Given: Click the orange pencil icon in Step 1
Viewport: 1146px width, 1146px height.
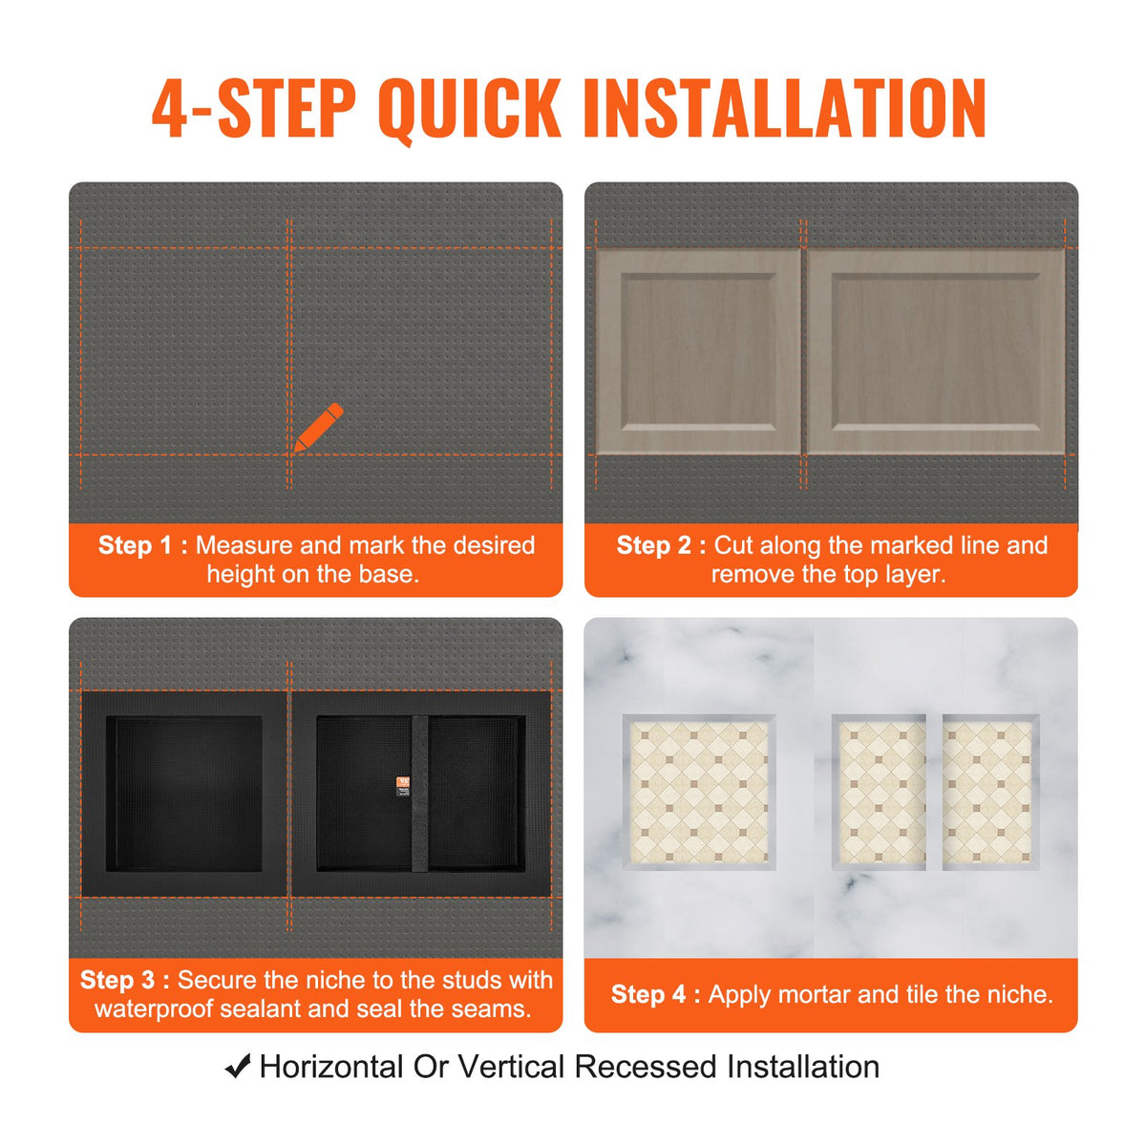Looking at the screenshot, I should pos(319,427).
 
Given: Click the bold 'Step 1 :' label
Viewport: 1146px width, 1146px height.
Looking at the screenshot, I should pos(142,545).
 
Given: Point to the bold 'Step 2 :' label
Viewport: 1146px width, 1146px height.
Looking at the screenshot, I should pos(661,545).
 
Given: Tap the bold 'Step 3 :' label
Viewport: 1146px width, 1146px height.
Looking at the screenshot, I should pos(125,980).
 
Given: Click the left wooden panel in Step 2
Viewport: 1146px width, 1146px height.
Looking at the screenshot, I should pos(698,351).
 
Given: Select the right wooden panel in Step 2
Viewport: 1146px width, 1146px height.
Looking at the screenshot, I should pos(936,351).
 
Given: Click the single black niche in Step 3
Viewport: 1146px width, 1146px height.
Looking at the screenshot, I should pos(184,794).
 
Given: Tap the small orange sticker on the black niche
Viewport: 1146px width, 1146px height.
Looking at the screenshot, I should pos(402,784).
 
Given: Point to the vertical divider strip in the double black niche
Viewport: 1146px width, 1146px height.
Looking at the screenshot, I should pos(420,794).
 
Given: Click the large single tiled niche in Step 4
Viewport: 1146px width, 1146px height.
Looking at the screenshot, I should pos(699,793).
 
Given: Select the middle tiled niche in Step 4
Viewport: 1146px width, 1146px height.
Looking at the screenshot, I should pos(880,793).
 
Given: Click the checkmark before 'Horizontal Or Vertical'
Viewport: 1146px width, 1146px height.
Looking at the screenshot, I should pos(238,1067).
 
